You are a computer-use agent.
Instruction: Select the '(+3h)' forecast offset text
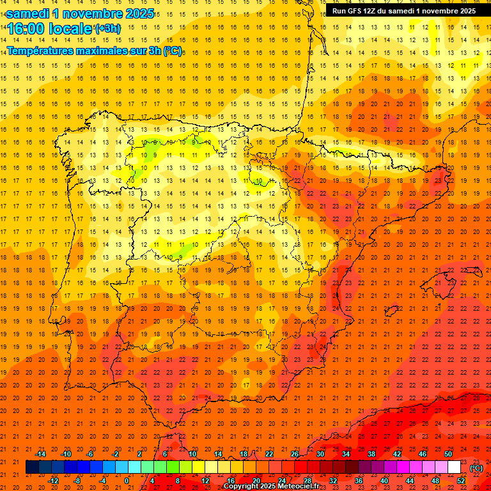107,29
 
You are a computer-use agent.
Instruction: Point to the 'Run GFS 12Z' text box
403,11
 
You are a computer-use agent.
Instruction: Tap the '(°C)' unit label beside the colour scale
476,468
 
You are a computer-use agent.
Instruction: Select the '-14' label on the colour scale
40,454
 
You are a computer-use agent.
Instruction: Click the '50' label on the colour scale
448,454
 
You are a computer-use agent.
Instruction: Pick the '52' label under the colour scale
461,481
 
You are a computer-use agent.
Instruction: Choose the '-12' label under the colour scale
54,481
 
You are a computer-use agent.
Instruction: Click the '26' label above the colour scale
295,454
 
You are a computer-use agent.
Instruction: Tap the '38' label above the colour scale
371,454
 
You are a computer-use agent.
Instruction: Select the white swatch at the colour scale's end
455,467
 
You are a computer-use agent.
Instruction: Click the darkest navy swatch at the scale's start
33,467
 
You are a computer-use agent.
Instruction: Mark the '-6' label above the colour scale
91,454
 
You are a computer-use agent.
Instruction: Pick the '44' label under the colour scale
410,481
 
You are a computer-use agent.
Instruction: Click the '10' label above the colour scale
192,454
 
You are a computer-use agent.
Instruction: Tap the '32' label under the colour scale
333,481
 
